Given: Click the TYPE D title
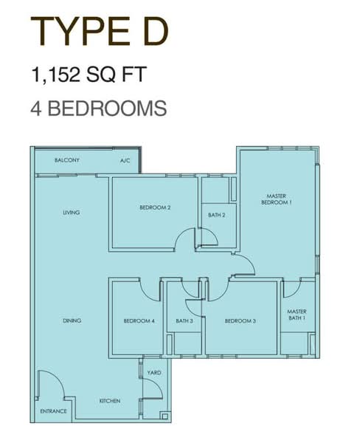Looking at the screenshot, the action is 100,31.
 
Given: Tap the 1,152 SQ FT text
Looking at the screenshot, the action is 89,75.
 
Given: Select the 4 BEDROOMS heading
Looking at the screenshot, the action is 99,109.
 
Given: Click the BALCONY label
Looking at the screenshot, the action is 67,160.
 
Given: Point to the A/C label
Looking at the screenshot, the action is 125,161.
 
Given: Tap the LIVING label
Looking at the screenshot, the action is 71,212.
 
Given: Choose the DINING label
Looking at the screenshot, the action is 72,320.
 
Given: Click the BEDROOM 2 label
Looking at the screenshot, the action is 155,207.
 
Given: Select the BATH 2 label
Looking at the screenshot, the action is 217,215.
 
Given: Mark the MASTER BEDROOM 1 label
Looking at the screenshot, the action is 277,199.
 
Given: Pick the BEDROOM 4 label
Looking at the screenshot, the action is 139,321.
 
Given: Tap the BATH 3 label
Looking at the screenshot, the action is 184,321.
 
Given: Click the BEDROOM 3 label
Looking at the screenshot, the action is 240,321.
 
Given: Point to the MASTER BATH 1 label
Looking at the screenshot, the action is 297,315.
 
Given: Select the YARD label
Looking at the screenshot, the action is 154,373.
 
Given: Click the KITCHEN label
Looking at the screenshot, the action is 110,401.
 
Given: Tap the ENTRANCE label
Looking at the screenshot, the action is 53,411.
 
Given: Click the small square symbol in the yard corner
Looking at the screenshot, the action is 165,416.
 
